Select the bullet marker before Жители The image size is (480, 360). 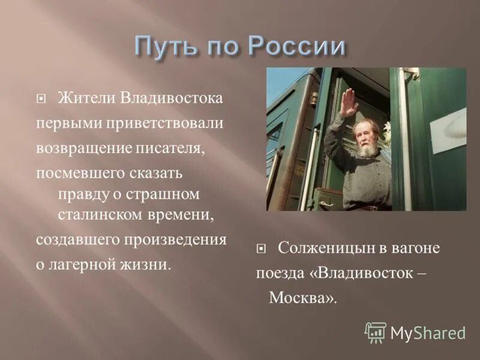click(40, 98)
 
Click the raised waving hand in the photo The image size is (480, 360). click(349, 101)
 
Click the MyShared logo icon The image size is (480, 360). click(375, 331)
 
